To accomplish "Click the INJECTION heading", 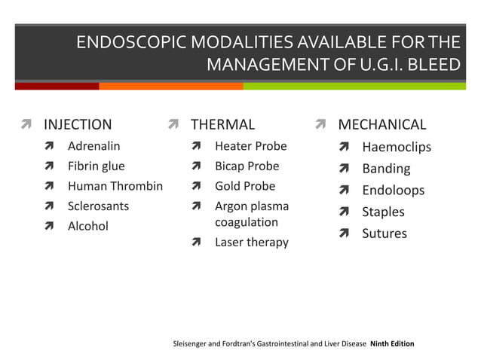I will click(78, 124).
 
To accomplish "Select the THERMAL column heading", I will click(222, 124).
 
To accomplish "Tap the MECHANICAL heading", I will click(381, 124).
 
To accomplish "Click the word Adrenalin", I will click(93, 145).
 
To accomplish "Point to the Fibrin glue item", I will click(96, 166).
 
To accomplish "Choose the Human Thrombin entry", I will click(115, 186).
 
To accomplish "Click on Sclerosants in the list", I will click(98, 206).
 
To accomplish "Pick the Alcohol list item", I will click(87, 226).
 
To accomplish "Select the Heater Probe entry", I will click(250, 145).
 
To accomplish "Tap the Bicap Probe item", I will click(247, 166).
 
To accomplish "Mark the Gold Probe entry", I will click(245, 186).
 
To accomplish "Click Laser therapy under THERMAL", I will click(251, 242).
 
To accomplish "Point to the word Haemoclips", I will click(397, 147).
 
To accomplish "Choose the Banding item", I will click(386, 169).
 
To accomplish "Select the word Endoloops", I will click(393, 191).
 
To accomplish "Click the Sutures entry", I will click(384, 233).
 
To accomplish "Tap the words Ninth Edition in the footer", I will click(392, 344).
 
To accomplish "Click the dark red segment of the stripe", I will click(57, 86).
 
